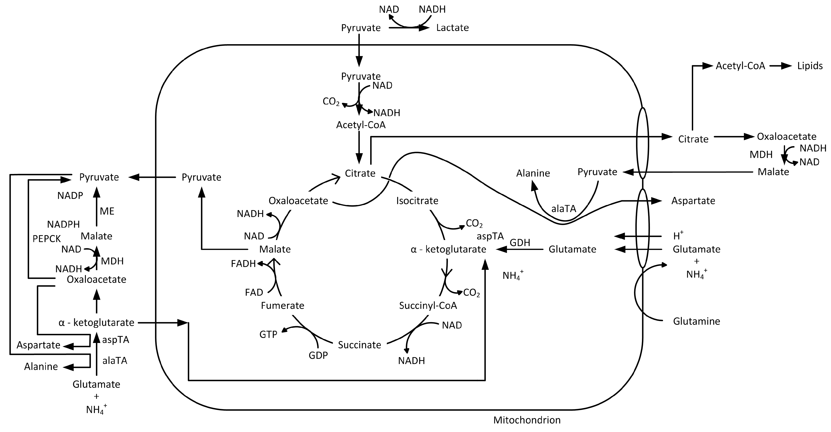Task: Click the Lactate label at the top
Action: coord(452,28)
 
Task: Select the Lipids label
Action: coord(810,66)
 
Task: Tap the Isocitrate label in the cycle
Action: coord(417,201)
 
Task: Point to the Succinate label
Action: coord(359,345)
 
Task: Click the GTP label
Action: coord(268,335)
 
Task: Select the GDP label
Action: coord(318,355)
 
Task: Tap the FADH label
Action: coord(243,264)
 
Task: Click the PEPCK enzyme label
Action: coord(46,239)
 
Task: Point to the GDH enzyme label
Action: coord(520,242)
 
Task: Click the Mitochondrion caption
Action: coord(527,420)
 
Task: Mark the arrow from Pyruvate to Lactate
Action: coord(409,28)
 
